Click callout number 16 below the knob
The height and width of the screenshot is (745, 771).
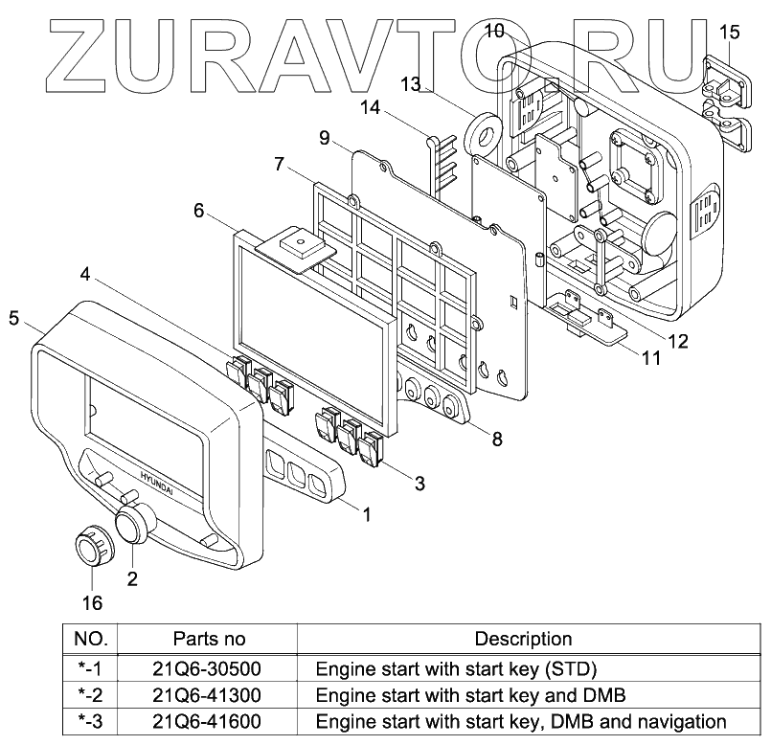tap(92, 603)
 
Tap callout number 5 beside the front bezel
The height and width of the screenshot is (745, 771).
tap(14, 318)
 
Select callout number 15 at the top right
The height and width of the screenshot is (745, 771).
tap(729, 34)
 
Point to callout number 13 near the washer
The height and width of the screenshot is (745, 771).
tap(411, 85)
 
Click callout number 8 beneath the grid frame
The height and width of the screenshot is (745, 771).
tap(497, 440)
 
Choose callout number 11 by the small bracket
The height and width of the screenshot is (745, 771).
tap(651, 359)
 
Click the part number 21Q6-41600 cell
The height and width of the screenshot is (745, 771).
tap(209, 721)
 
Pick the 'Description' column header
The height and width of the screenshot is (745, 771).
tap(523, 639)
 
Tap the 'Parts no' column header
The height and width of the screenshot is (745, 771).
tap(209, 639)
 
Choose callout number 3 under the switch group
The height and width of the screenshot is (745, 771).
tap(420, 484)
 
